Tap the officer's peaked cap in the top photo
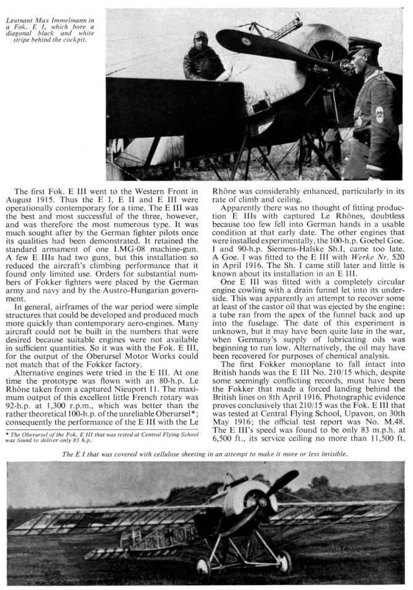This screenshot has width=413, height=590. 361,45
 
